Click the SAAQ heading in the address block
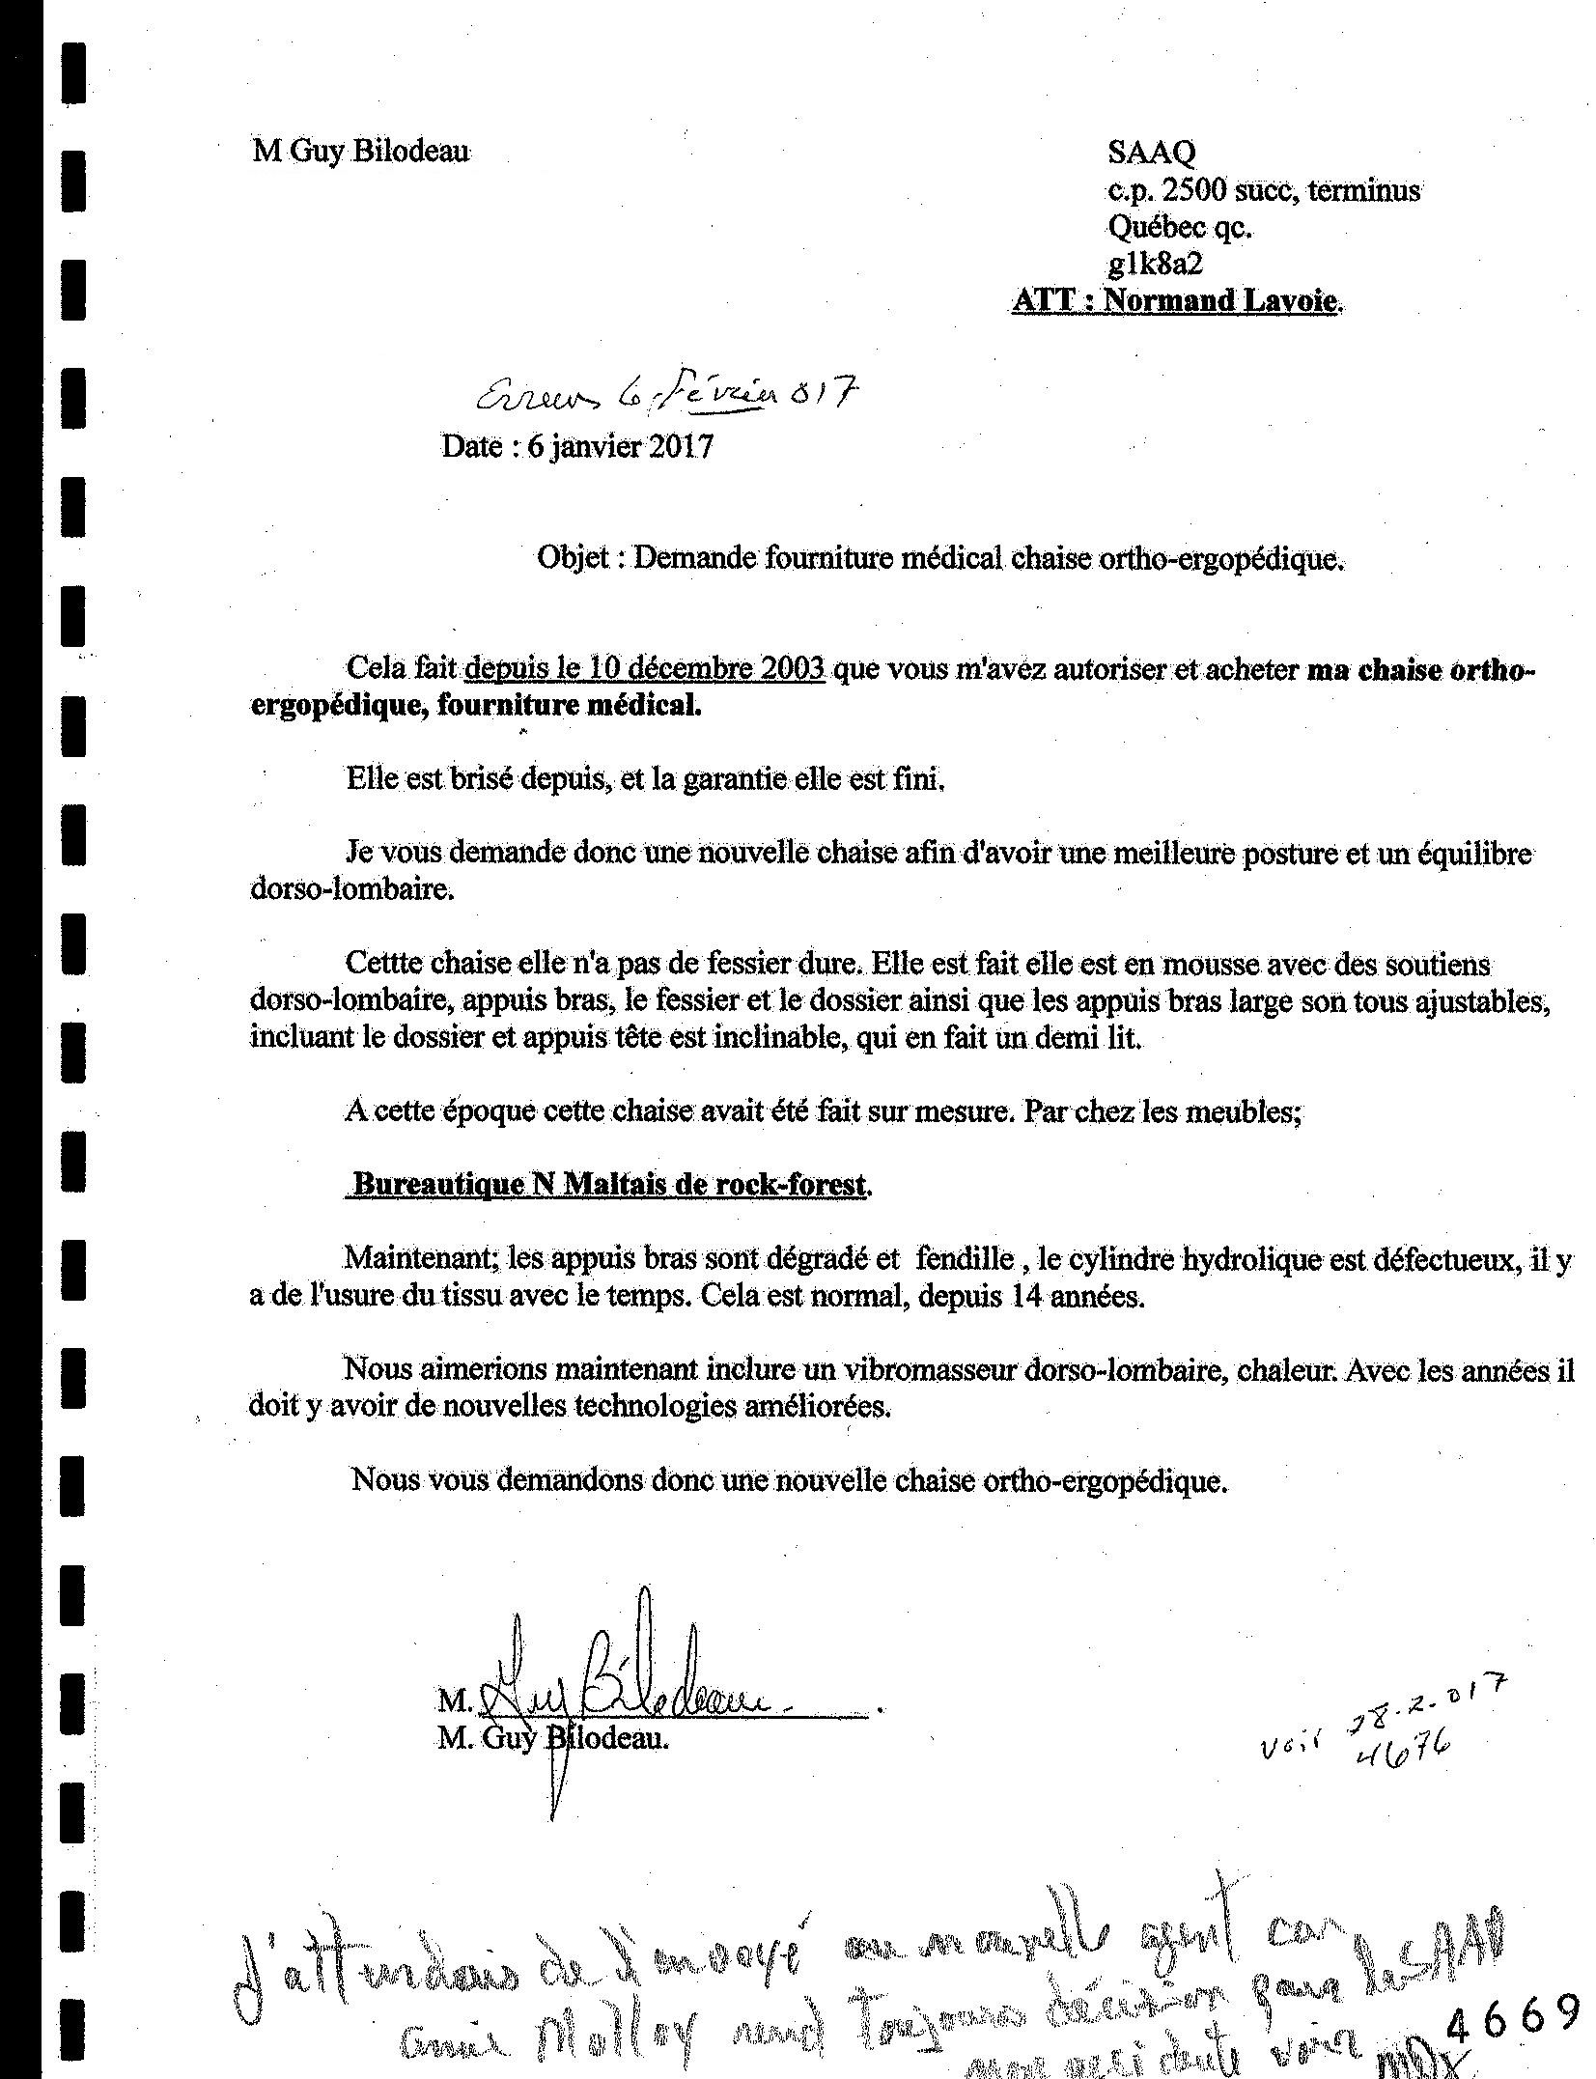coord(1151,152)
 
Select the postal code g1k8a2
coord(1155,264)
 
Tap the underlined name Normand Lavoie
coord(1221,301)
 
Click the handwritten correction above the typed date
coord(665,394)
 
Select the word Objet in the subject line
coord(573,558)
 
